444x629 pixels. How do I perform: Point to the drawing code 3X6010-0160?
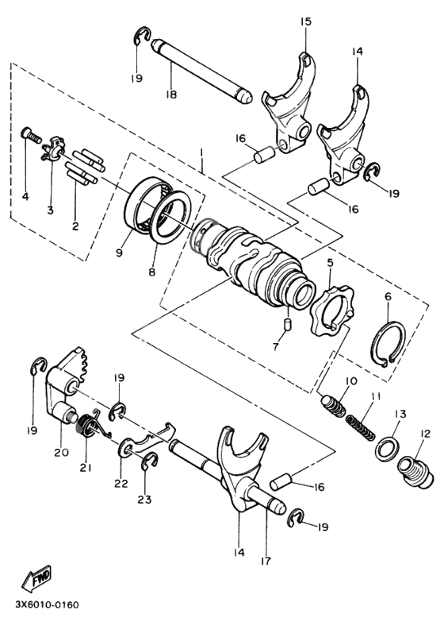(x=46, y=604)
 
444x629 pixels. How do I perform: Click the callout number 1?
(x=202, y=151)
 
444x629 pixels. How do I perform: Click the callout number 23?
(x=145, y=500)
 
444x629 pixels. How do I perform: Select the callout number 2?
(x=76, y=226)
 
